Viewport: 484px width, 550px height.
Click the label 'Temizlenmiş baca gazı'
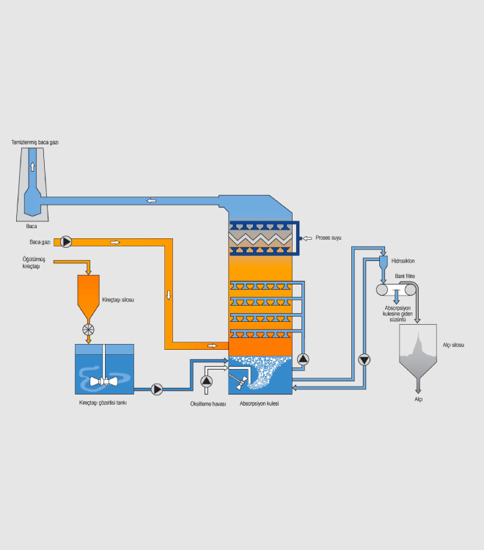(34, 141)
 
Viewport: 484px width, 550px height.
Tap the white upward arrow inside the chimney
(32, 166)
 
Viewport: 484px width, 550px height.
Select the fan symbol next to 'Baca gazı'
(67, 241)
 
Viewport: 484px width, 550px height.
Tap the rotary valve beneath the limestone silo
(89, 329)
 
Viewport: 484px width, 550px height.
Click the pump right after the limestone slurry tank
(157, 389)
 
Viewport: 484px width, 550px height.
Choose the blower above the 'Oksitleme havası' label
(206, 381)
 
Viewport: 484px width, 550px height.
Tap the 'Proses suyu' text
(329, 238)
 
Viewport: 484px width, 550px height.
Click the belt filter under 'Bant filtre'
(395, 290)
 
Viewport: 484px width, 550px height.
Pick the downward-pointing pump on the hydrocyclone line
(364, 359)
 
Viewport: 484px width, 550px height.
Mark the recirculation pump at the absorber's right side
(304, 359)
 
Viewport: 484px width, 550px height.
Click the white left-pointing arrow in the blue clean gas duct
(150, 200)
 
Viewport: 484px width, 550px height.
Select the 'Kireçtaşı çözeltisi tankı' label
(103, 403)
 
